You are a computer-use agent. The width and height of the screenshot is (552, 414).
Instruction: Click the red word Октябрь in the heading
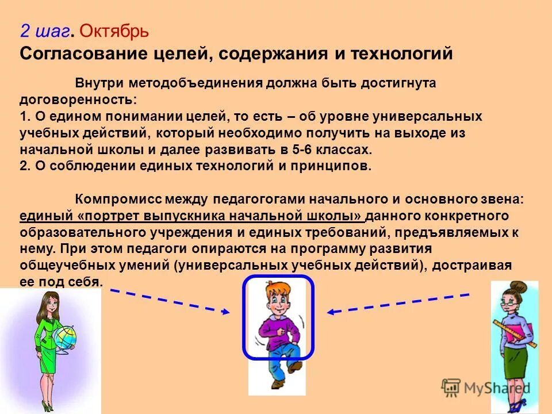point(113,30)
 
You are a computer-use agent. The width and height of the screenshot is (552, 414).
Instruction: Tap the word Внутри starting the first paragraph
point(100,83)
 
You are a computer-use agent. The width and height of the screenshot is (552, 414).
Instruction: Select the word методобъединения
point(196,83)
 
